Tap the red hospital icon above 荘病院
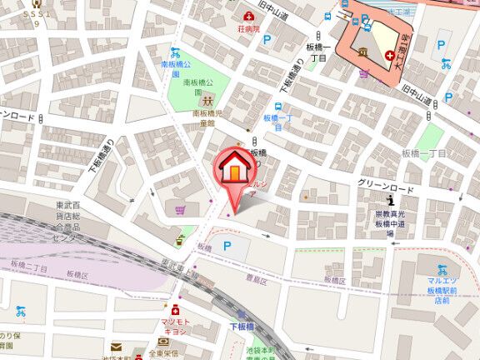click(247, 17)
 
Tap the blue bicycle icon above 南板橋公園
click(174, 51)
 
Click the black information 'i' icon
click(391, 200)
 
